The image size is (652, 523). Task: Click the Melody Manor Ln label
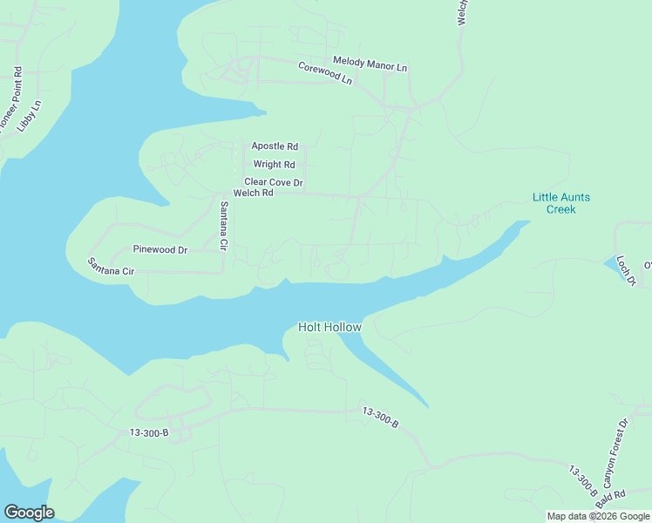[x=370, y=67]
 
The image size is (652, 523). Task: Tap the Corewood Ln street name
[x=325, y=73]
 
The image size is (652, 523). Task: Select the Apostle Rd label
[x=275, y=146]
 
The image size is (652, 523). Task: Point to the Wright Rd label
[x=274, y=164]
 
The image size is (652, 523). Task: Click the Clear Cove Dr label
[x=273, y=182]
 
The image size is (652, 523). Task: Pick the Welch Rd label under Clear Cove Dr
[x=254, y=193]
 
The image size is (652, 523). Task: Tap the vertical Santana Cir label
[x=223, y=227]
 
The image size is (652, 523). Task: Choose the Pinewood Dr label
[x=160, y=250]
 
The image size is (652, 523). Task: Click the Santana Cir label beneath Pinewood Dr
[x=111, y=267]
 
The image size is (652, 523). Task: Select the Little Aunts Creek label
[x=560, y=203]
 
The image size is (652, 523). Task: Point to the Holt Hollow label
[x=329, y=327]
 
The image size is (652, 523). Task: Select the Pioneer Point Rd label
[x=10, y=98]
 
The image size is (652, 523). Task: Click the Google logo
[x=29, y=513]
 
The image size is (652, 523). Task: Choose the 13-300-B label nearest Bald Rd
[x=584, y=479]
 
